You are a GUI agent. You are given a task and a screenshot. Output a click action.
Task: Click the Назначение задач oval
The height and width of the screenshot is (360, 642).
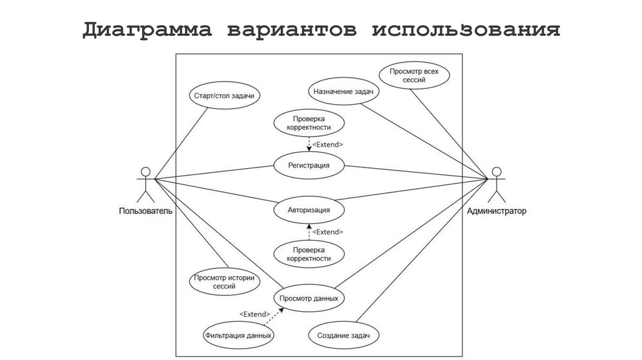pyautogui.click(x=343, y=92)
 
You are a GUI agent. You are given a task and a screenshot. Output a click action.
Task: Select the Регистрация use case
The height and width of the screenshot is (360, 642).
pyautogui.click(x=309, y=166)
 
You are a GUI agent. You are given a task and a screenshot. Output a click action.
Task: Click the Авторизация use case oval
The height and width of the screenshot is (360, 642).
pyautogui.click(x=309, y=209)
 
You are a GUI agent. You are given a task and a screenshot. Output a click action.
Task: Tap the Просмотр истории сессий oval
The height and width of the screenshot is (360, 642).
pyautogui.click(x=224, y=282)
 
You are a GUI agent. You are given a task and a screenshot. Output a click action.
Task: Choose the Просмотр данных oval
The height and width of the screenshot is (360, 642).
pyautogui.click(x=309, y=298)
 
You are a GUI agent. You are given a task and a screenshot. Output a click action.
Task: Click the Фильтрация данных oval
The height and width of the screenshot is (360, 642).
pyautogui.click(x=238, y=336)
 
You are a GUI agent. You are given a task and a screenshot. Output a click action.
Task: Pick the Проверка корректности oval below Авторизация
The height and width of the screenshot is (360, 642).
pyautogui.click(x=309, y=253)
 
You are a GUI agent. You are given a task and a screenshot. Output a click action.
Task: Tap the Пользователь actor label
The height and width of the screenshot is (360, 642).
pyautogui.click(x=146, y=211)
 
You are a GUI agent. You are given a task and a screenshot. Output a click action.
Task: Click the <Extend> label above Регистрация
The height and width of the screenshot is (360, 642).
pyautogui.click(x=327, y=145)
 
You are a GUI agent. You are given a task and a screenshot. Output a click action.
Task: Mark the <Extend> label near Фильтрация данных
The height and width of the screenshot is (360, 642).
pyautogui.click(x=255, y=314)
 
